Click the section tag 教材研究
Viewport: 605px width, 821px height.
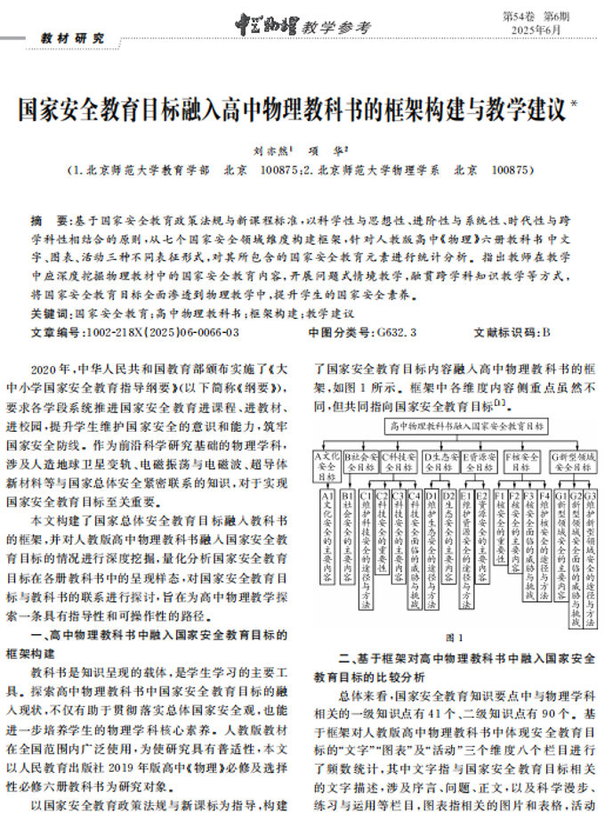click(72, 39)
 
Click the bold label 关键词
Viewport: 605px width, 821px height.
click(51, 314)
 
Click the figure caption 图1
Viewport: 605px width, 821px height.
click(454, 638)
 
